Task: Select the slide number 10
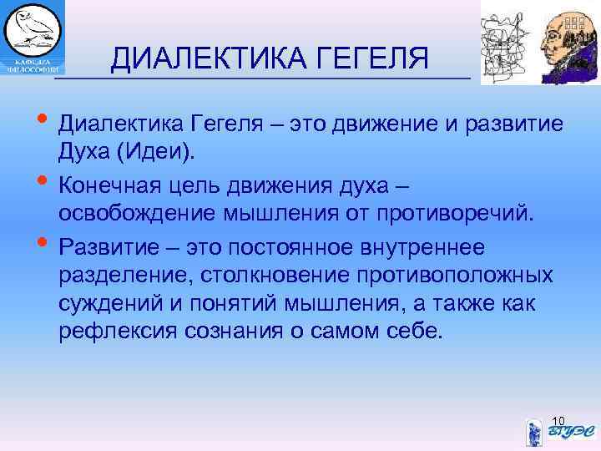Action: pos(559,419)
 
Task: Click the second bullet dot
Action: pos(43,179)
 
